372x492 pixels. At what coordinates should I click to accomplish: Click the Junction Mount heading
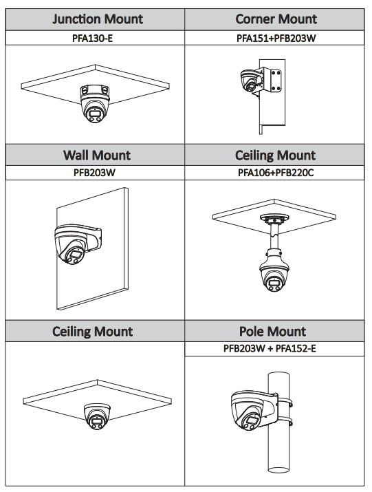(x=98, y=19)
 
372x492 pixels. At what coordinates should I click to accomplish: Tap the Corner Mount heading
(x=276, y=19)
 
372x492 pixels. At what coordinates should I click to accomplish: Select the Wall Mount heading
(x=97, y=155)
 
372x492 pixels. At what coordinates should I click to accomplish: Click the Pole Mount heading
(x=272, y=332)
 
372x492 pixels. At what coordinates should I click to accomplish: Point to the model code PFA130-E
(x=93, y=38)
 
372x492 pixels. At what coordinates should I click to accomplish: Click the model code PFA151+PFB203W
(x=276, y=38)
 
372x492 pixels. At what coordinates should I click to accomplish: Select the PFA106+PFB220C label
(x=276, y=173)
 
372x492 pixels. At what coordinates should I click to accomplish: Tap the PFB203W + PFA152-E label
(x=270, y=348)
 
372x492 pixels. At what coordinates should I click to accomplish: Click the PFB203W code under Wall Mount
(x=94, y=173)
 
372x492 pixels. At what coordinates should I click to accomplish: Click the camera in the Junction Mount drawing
(x=95, y=103)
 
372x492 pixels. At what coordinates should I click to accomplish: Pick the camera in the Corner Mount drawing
(x=250, y=81)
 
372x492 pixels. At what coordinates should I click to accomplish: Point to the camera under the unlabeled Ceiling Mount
(x=97, y=416)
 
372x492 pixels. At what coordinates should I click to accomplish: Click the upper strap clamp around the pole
(x=285, y=403)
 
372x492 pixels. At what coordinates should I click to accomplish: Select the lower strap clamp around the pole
(x=285, y=421)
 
